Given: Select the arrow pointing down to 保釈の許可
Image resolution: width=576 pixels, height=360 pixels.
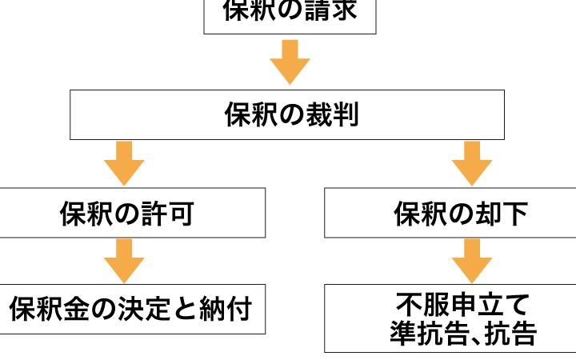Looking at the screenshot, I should coord(124,163).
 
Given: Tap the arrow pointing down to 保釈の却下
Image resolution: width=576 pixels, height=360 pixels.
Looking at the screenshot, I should coord(472,163).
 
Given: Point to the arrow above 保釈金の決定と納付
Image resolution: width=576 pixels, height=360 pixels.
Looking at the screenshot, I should coord(124,260).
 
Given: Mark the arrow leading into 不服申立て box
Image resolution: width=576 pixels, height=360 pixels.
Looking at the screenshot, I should coord(472,260).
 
